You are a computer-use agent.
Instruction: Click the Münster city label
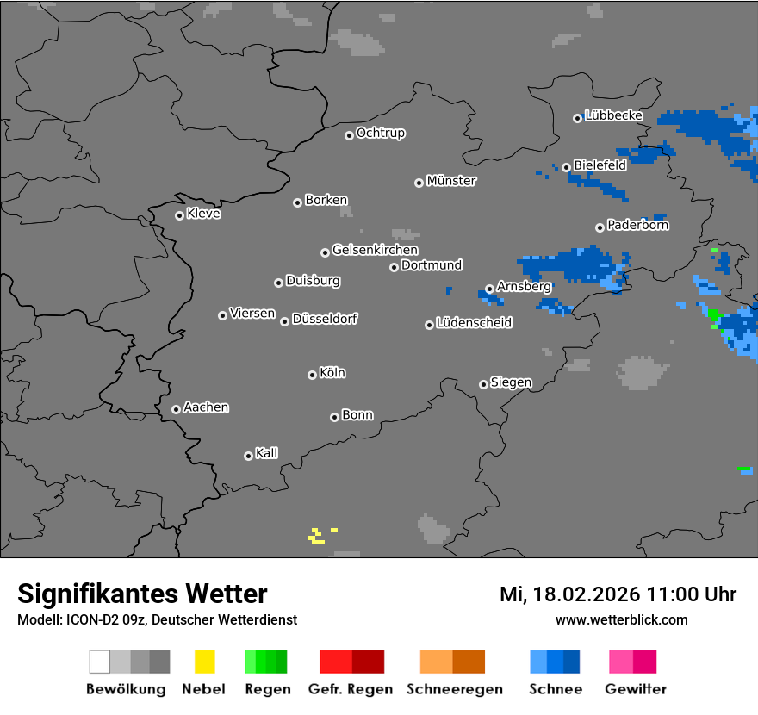[451, 181]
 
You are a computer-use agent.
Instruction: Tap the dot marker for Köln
[312, 375]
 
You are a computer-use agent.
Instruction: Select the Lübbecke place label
[613, 115]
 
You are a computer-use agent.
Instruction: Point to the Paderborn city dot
[600, 227]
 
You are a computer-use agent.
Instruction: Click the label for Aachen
[206, 407]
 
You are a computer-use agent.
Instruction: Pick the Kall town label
[266, 453]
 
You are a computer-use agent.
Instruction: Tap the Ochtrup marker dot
[349, 134]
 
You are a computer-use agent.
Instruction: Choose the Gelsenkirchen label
[375, 250]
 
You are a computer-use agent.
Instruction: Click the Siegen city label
[511, 382]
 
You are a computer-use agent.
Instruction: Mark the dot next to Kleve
[179, 215]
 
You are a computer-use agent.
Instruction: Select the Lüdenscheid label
[474, 323]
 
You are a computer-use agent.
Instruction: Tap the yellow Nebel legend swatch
[204, 662]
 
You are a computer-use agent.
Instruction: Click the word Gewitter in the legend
[636, 689]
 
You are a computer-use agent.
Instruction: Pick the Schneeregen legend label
[455, 689]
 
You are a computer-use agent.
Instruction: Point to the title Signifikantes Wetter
[142, 594]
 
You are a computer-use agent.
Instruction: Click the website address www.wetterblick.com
[621, 620]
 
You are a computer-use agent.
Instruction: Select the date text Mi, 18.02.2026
[569, 594]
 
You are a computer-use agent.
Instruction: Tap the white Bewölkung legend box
[99, 662]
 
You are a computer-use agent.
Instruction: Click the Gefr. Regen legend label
[351, 689]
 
